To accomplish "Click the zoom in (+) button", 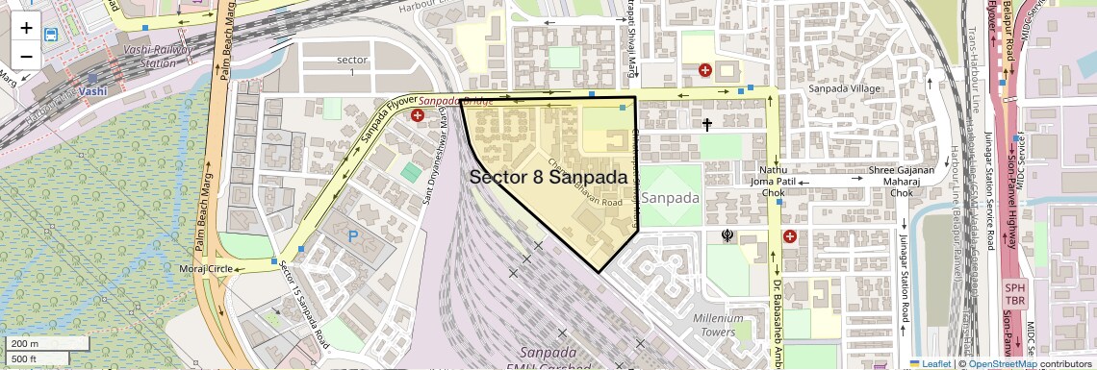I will point(26,27).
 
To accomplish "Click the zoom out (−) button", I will point(26,56).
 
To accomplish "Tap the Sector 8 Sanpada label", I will point(555,177).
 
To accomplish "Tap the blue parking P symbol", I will point(352,235).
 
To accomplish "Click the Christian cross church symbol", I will point(707,124).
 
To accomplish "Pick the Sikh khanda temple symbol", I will point(728,234).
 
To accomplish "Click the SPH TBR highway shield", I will point(1014,294).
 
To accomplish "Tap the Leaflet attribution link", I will point(930,363).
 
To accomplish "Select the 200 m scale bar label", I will point(25,343).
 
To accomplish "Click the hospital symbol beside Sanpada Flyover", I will point(418,115).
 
